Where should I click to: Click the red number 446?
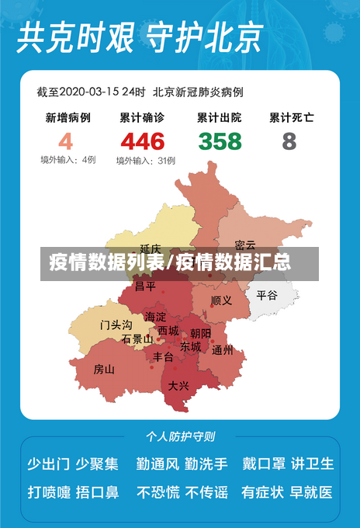pos(142,141)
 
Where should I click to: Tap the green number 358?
pos(220,141)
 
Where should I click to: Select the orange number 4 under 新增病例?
pos(65,141)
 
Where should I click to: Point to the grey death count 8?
pos(289,141)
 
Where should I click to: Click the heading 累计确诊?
pos(142,118)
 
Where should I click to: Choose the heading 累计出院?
pos(220,118)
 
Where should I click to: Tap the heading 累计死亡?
pos(292,118)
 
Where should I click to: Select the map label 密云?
pos(245,245)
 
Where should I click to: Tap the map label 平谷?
pos(267,295)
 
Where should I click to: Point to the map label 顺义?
pos(221,300)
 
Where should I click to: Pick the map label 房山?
pos(104,369)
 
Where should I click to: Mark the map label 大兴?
pos(178,385)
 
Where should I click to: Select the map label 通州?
pos(223,350)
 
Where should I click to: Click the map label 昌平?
pos(145,286)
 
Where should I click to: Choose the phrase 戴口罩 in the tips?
pos(264,464)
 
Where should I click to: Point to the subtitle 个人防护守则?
pos(181,436)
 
